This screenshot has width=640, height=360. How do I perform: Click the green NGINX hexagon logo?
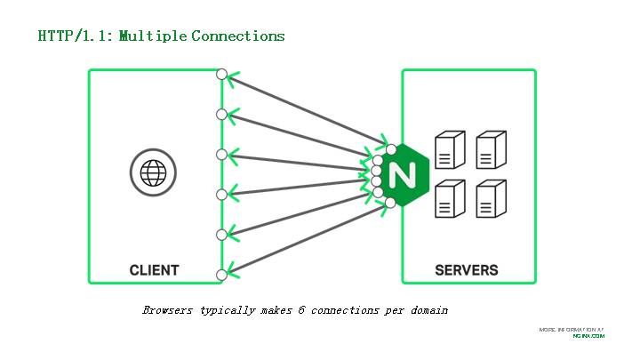[402, 173]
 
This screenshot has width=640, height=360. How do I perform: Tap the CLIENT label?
[154, 270]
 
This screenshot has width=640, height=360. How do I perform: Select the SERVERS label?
[467, 270]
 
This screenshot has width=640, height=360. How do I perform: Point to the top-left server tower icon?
[448, 150]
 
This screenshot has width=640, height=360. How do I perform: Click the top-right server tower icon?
[490, 150]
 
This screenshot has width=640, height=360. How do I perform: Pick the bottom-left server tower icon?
[448, 198]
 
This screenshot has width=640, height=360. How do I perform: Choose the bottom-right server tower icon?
[490, 198]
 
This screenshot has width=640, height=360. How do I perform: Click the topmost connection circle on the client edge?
[222, 74]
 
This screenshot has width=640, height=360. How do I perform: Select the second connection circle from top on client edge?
[222, 114]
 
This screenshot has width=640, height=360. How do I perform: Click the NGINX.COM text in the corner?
[588, 336]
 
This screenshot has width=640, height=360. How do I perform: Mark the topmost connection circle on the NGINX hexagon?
[391, 148]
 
